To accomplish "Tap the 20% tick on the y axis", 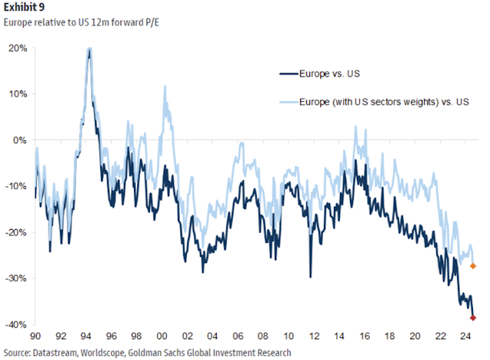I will [x=18, y=48].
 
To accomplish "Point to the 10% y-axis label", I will [x=18, y=94].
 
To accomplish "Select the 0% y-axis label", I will [x=21, y=140].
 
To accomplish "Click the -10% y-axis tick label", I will [x=17, y=186].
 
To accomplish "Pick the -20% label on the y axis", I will [x=17, y=232].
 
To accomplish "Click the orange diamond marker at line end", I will [x=473, y=266].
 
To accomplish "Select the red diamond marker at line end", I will [x=473, y=317].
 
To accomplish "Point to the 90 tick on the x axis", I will [x=35, y=336].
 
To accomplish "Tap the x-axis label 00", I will [x=162, y=336].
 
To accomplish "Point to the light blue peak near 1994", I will [x=90, y=49].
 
